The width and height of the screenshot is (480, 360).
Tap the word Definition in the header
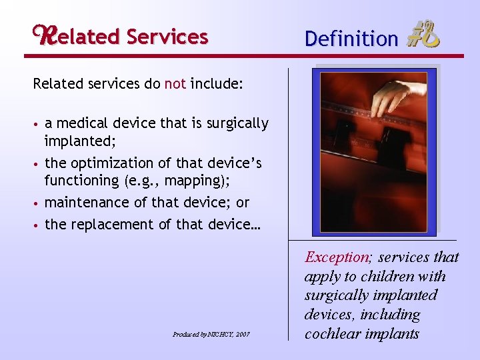351,39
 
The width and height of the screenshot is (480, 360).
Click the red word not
175,85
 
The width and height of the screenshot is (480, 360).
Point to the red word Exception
336,257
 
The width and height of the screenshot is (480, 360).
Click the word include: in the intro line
217,85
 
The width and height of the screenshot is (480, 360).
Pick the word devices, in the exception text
329,314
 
